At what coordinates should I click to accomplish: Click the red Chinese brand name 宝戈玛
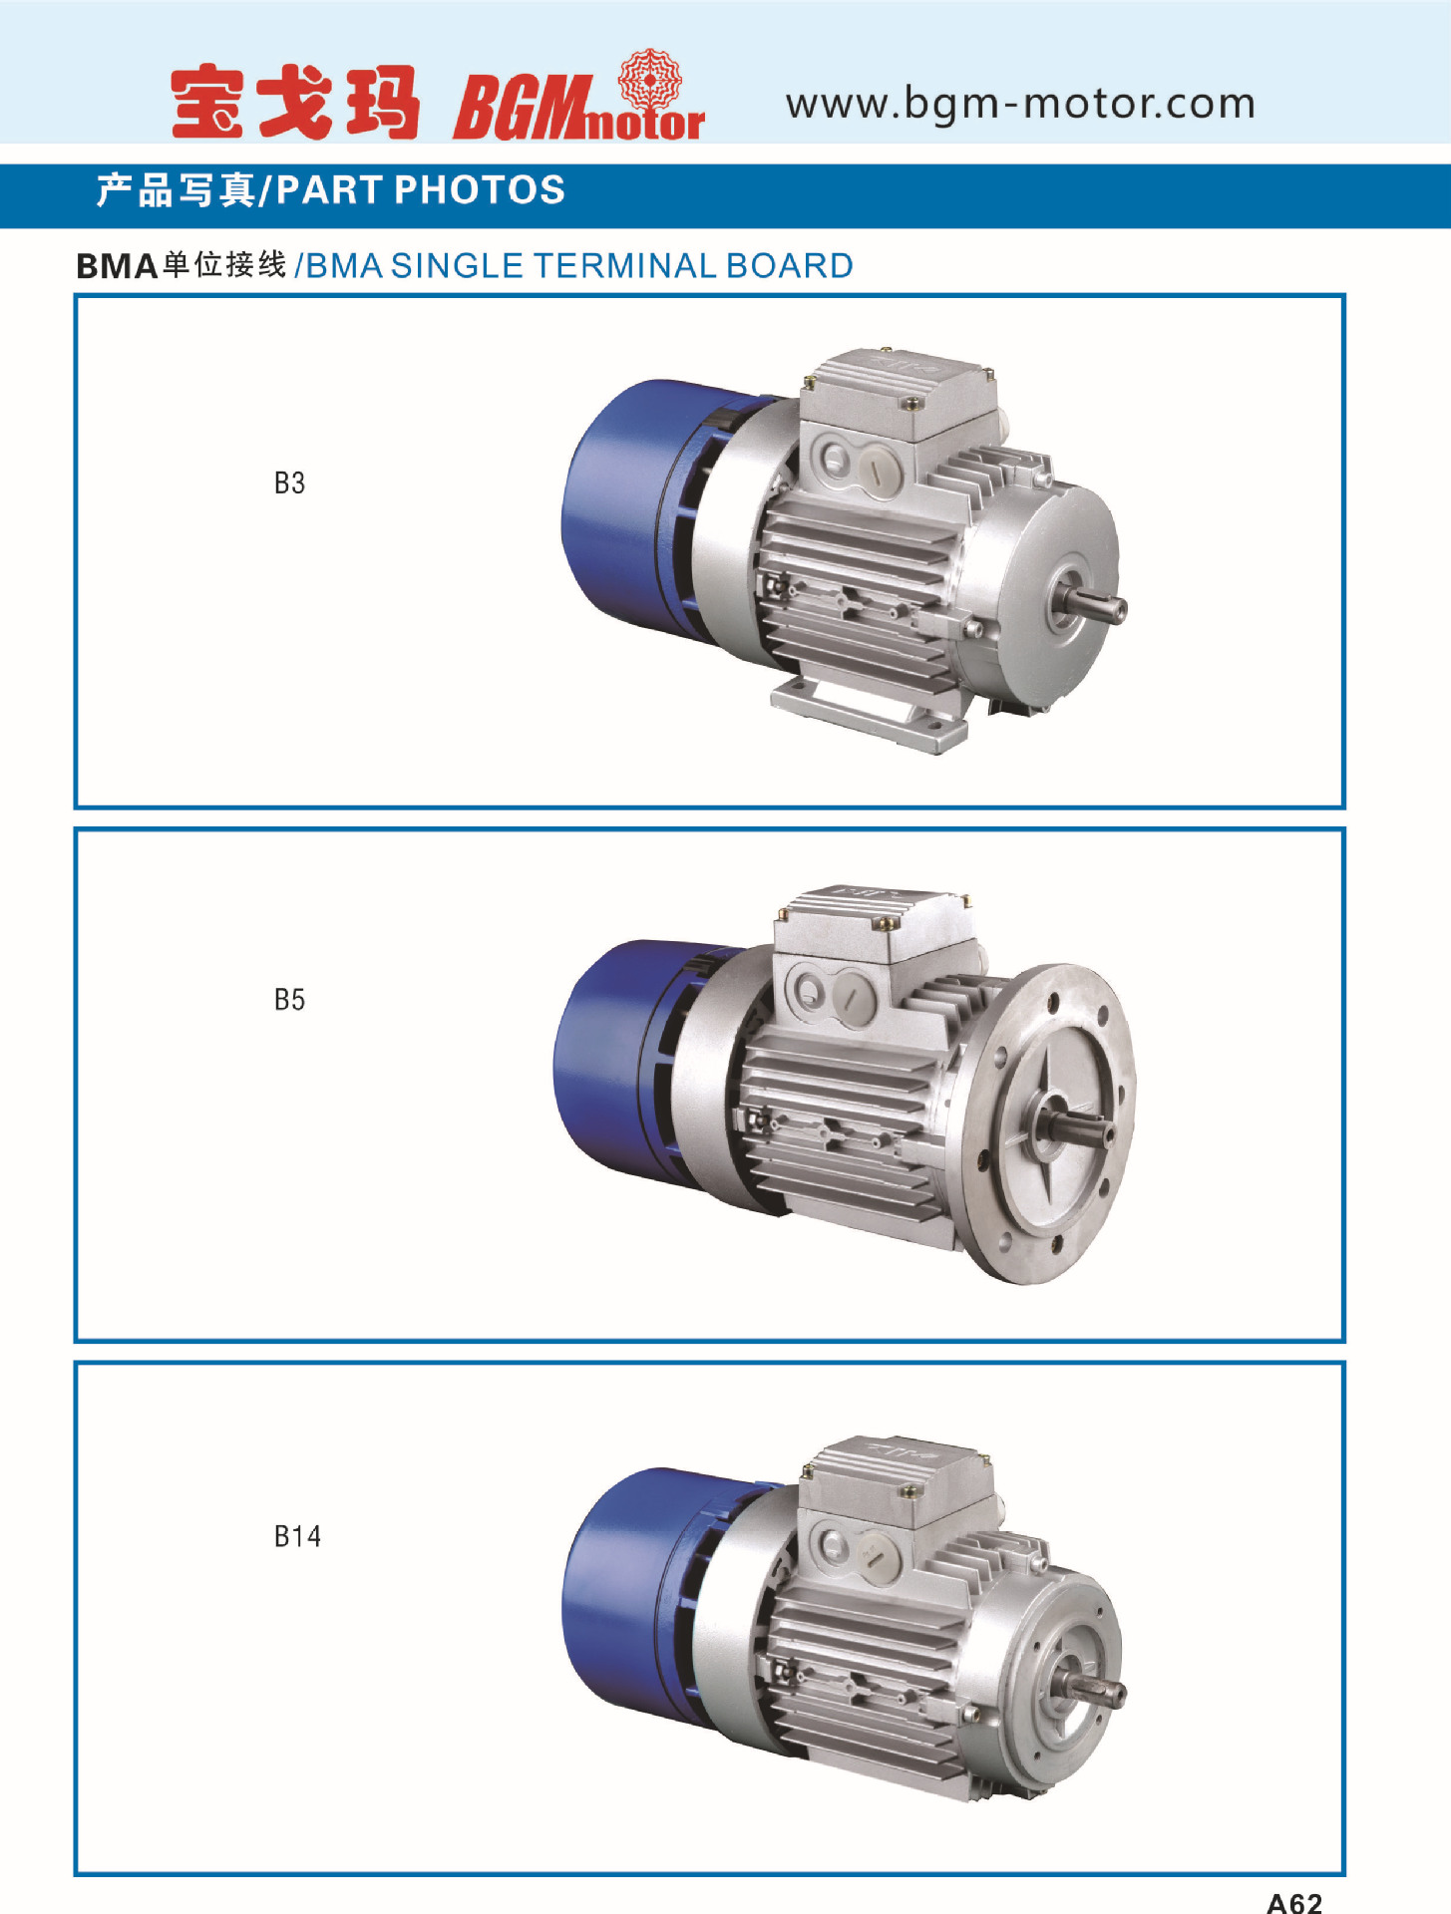pyautogui.click(x=294, y=102)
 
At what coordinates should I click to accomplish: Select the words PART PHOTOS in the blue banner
pyautogui.click(x=421, y=189)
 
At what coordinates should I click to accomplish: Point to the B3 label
pyautogui.click(x=289, y=483)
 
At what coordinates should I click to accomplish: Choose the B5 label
pyautogui.click(x=289, y=1000)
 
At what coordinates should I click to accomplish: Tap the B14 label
pyautogui.click(x=297, y=1536)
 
